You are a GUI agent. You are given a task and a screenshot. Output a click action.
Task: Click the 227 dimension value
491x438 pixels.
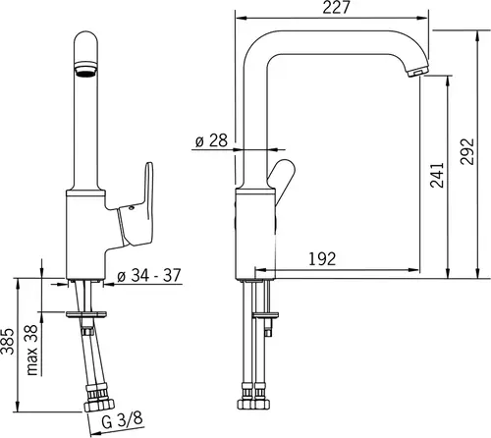tap(336, 7)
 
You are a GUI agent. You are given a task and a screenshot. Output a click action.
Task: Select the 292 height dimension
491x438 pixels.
tap(466, 151)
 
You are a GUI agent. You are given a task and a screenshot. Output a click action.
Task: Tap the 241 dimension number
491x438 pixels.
tap(437, 175)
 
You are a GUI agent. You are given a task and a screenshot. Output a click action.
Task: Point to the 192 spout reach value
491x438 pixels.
tap(322, 258)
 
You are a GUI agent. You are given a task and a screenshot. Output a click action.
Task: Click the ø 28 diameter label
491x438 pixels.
tap(211, 140)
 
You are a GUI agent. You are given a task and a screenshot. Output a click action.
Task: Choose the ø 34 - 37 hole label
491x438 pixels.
tap(149, 275)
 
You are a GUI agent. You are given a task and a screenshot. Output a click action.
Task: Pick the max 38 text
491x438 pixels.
tap(32, 350)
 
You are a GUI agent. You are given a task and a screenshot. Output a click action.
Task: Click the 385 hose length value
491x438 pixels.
tap(8, 341)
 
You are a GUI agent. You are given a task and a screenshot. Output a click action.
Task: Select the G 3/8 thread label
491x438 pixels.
tap(122, 420)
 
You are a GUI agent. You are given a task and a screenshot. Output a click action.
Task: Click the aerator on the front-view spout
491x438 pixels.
tap(85, 69)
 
